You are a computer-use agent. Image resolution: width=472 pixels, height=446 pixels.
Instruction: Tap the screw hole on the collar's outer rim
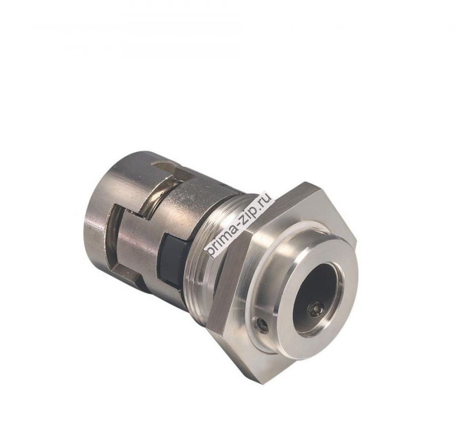coord(262,326)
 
